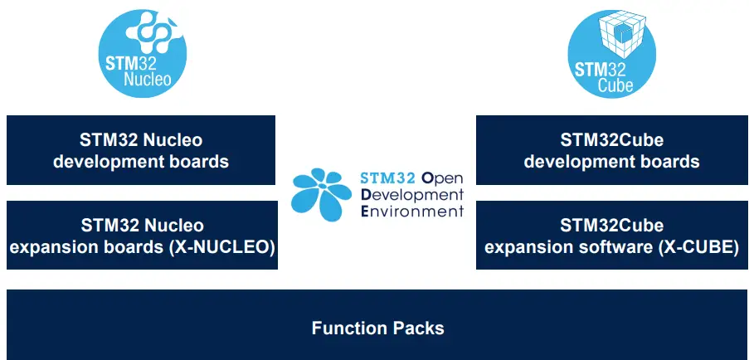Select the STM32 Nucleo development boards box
[141, 150]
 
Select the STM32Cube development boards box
[611, 150]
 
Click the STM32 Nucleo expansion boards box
[141, 236]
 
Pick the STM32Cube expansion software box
[611, 236]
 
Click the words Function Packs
[377, 328]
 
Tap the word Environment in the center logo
[412, 211]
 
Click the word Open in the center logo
[443, 178]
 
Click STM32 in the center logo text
[388, 178]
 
